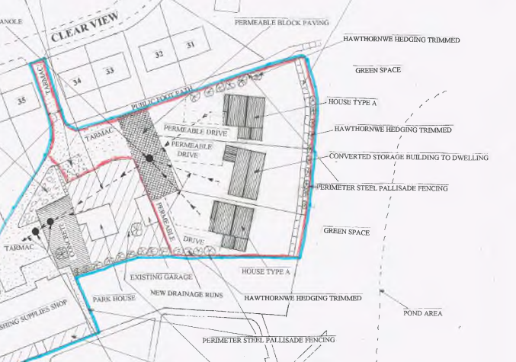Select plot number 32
pyautogui.click(x=159, y=55)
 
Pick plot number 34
pyautogui.click(x=77, y=81)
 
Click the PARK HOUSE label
pyautogui.click(x=114, y=298)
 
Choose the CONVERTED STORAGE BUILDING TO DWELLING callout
pyautogui.click(x=409, y=158)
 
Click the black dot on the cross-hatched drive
pyautogui.click(x=149, y=159)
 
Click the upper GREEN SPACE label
pyautogui.click(x=377, y=70)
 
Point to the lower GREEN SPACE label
pyautogui.click(x=346, y=231)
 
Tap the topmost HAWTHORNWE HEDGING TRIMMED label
pyautogui.click(x=402, y=39)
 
